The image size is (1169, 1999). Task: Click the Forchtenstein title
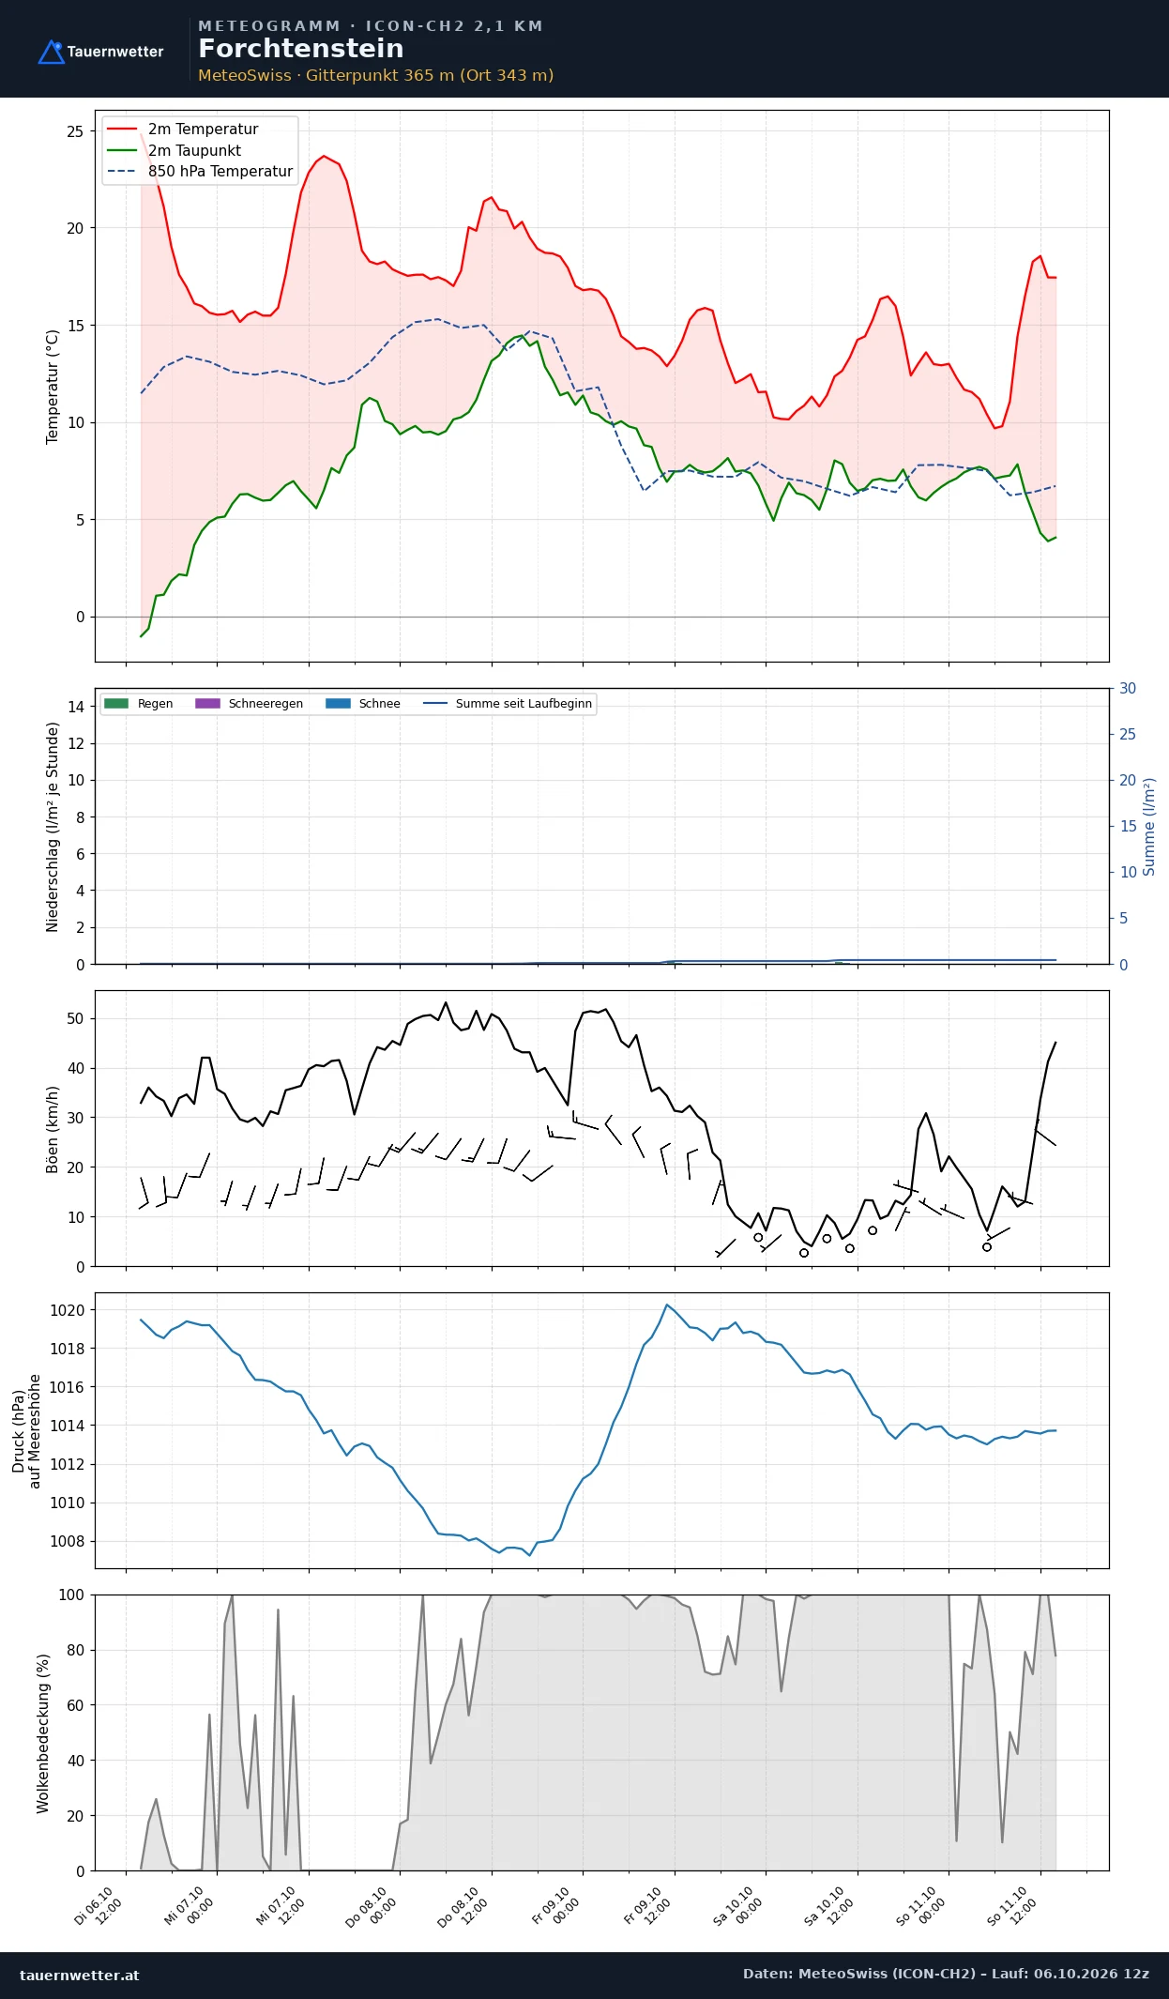[x=300, y=49]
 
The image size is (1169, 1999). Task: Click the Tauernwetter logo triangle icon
[x=51, y=53]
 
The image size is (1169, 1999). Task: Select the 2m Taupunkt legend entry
[x=174, y=150]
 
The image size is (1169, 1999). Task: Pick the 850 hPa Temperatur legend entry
[x=200, y=171]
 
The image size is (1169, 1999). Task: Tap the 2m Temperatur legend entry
[x=182, y=130]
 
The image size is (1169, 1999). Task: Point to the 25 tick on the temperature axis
[x=75, y=131]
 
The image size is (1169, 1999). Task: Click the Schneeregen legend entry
[x=249, y=704]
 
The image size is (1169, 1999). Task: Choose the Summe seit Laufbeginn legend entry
[x=508, y=704]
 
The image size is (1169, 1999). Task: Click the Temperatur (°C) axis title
[x=53, y=387]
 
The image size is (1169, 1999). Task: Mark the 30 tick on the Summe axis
[x=1128, y=689]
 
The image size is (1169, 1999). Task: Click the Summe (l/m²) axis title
[x=1149, y=827]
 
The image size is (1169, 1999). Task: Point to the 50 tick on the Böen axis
[x=75, y=1019]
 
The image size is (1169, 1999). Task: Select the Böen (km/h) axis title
[x=53, y=1130]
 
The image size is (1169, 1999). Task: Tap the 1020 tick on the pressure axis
[x=67, y=1311]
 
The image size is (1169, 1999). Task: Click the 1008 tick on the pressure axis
[x=67, y=1542]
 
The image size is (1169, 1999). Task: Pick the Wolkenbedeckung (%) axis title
[x=43, y=1733]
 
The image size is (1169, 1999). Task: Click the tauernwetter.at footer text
[x=80, y=1975]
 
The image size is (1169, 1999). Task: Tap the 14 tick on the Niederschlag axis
[x=76, y=707]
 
